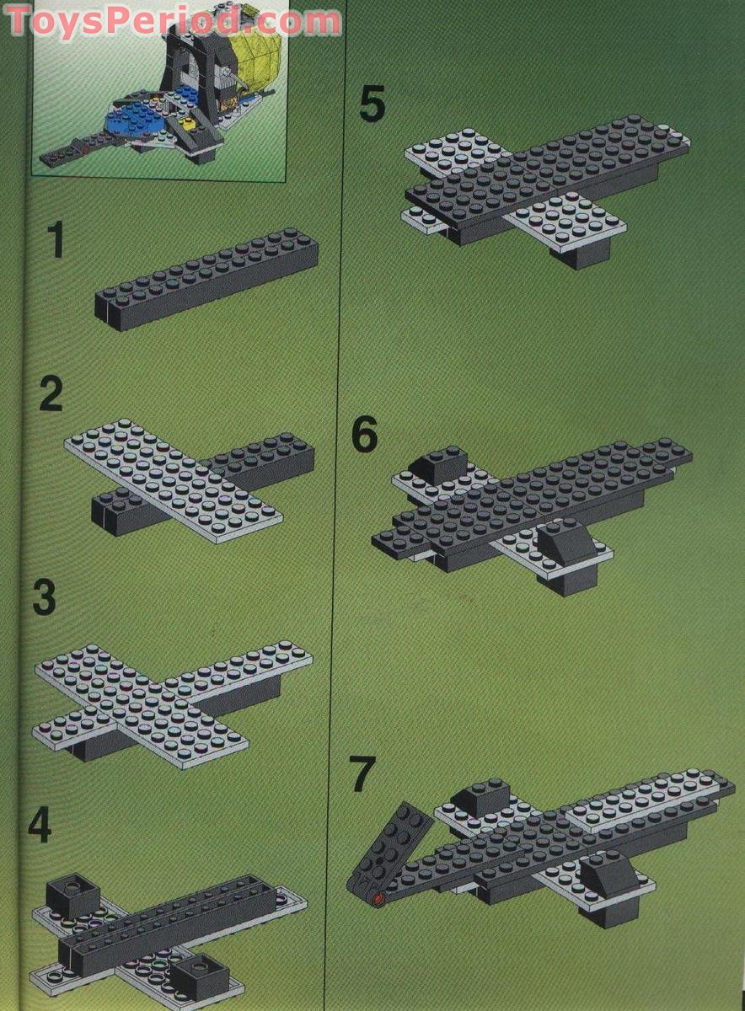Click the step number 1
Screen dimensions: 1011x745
click(55, 240)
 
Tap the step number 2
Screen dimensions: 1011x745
click(51, 394)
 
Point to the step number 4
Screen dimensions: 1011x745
click(39, 826)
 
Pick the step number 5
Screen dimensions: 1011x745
click(372, 105)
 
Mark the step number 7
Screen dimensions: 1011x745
click(362, 775)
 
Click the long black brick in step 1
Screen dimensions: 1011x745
click(207, 278)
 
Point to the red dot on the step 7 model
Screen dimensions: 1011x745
click(378, 900)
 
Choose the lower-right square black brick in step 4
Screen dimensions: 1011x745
click(199, 976)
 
